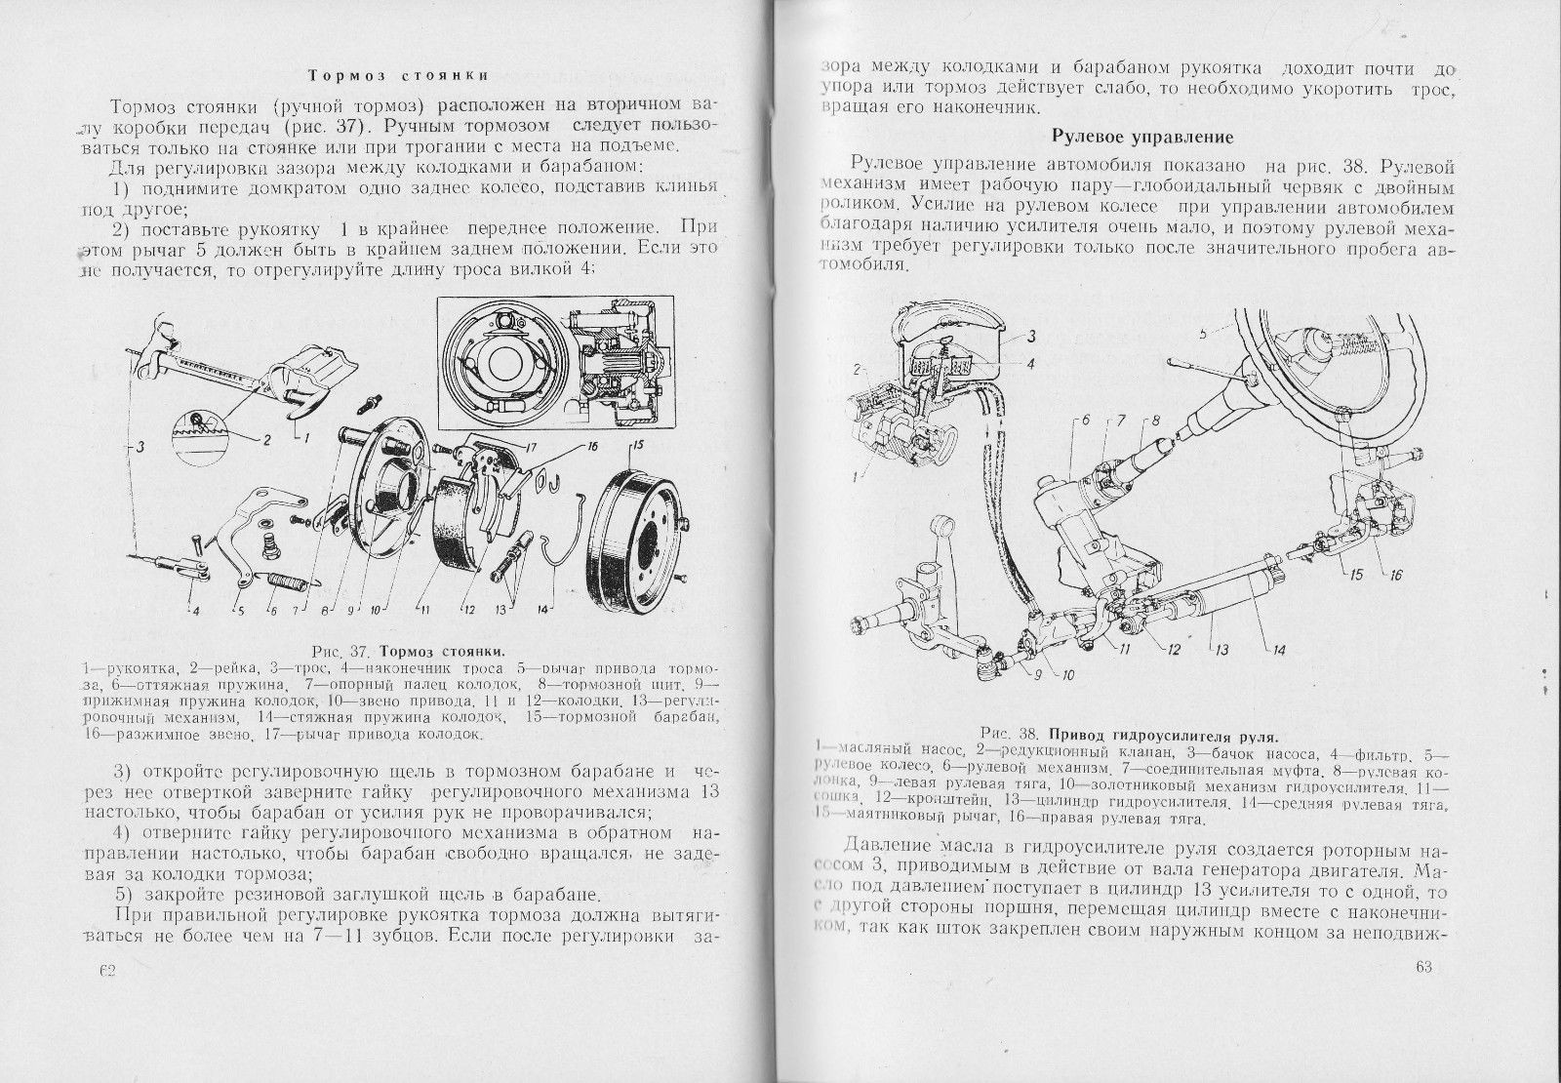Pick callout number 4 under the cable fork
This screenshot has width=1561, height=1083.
(x=195, y=613)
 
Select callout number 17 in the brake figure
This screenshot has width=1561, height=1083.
(x=531, y=449)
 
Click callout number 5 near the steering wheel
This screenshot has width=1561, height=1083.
(x=1203, y=332)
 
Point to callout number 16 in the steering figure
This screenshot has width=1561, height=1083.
(x=1395, y=575)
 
